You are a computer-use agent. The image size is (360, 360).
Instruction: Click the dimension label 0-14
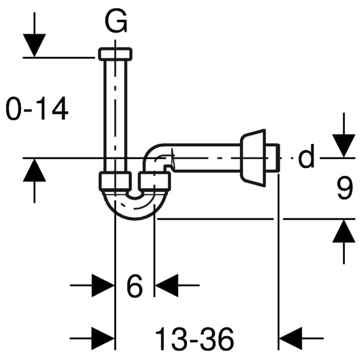pos(37,109)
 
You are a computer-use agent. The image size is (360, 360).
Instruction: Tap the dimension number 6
pos(135,286)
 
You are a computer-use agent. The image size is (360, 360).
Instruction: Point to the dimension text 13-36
pos(195,339)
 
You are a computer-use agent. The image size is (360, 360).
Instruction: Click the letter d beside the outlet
pos(306,156)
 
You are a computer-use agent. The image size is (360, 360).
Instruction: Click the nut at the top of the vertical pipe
pos(115,54)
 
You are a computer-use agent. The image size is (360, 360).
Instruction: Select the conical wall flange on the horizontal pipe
pos(253,158)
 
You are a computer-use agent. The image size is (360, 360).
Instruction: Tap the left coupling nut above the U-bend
pos(115,181)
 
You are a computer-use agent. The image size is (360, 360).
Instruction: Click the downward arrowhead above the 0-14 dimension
pos(34,45)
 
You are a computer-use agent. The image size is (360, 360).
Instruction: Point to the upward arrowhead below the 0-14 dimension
pos(34,170)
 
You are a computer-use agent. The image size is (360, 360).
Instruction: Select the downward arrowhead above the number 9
pos(344,146)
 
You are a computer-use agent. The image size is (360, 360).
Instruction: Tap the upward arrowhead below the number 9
pos(344,231)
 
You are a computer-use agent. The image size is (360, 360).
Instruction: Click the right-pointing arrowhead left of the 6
pos(103,285)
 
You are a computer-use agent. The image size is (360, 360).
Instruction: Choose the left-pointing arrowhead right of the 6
pos(167,285)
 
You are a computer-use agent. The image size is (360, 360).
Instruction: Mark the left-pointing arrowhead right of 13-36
pos(290,338)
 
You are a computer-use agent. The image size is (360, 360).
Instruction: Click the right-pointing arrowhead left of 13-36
pos(103,338)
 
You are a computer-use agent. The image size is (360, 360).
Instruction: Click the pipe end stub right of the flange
pos(272,158)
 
